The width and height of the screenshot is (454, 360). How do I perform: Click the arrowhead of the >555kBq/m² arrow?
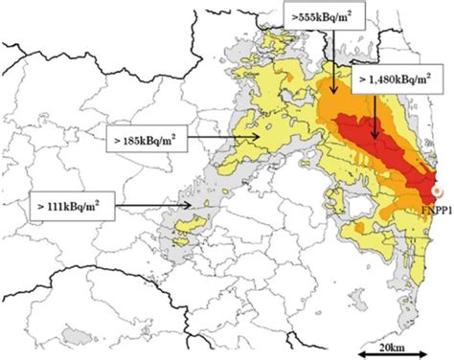click(x=332, y=91)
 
